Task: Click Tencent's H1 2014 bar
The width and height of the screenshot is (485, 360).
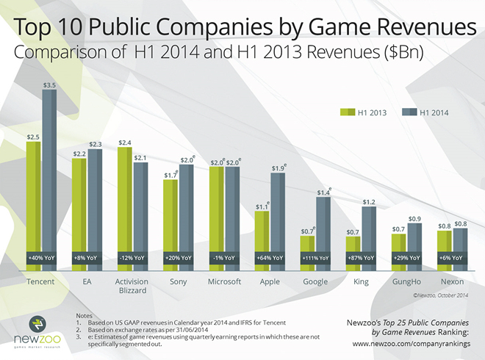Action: pyautogui.click(x=49, y=176)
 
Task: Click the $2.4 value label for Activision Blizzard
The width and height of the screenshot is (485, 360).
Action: pyautogui.click(x=125, y=142)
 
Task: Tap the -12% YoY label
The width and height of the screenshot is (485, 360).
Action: pyautogui.click(x=133, y=258)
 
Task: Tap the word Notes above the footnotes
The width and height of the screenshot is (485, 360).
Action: pyautogui.click(x=85, y=315)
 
